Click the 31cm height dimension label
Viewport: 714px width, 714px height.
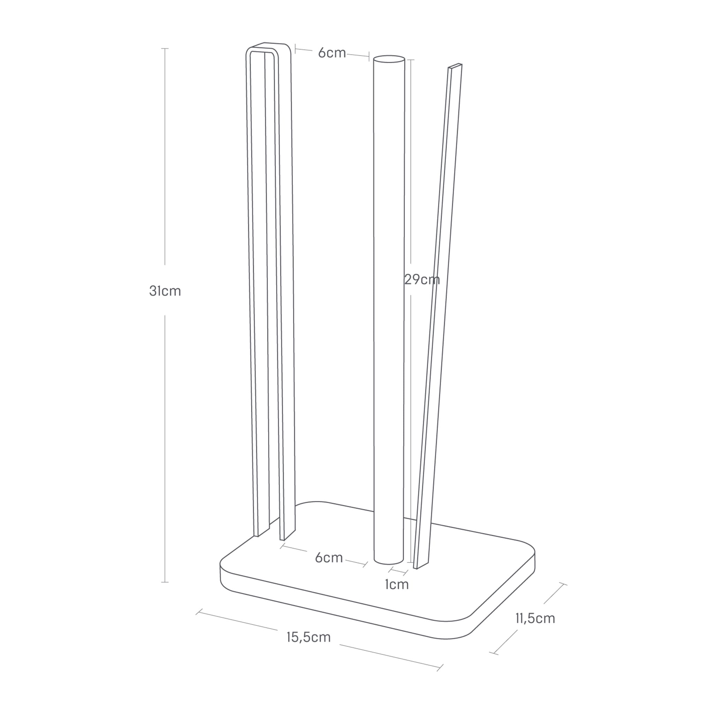(x=165, y=291)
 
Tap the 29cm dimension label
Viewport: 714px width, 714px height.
(x=422, y=279)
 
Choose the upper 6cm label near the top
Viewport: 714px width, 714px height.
(x=332, y=53)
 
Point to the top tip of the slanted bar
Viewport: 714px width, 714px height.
(x=455, y=66)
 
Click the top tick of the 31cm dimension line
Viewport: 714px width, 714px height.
(x=165, y=48)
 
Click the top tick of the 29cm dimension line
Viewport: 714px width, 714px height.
(x=411, y=60)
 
